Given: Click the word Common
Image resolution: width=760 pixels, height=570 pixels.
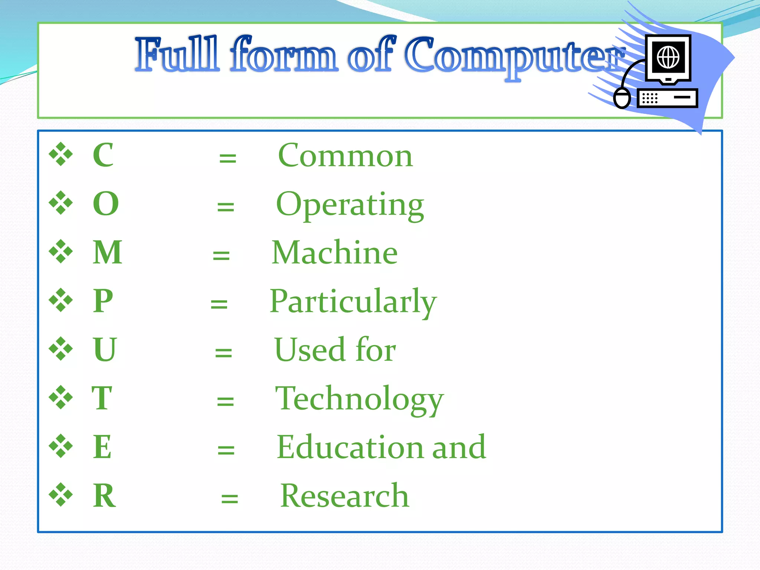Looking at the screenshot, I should pos(345,156).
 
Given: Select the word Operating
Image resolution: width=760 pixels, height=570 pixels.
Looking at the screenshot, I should pos(350,204).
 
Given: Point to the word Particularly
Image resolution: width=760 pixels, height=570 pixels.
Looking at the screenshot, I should pos(353,301).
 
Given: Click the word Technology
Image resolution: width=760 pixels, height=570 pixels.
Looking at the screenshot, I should pos(359,399).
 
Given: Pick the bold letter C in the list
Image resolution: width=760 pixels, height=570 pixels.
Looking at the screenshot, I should pos(103,155).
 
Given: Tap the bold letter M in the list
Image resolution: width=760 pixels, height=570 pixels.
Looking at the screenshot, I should pos(107,252).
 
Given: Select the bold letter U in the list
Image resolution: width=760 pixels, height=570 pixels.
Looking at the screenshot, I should pos(105,350).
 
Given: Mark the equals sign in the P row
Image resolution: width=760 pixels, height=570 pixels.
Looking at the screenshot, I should pos(219,304).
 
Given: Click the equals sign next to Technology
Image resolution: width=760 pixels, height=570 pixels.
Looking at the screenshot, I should pos(225,401).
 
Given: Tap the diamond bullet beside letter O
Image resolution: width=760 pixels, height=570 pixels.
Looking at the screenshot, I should pos(61,203).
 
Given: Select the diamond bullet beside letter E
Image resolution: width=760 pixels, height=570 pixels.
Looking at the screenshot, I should pos(61,446).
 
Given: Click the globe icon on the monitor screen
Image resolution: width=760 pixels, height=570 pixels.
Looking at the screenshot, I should pos(668,58).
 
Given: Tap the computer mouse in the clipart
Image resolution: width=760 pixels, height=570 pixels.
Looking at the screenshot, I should pos(622,98).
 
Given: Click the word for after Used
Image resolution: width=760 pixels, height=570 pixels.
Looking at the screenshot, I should pos(375,350).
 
